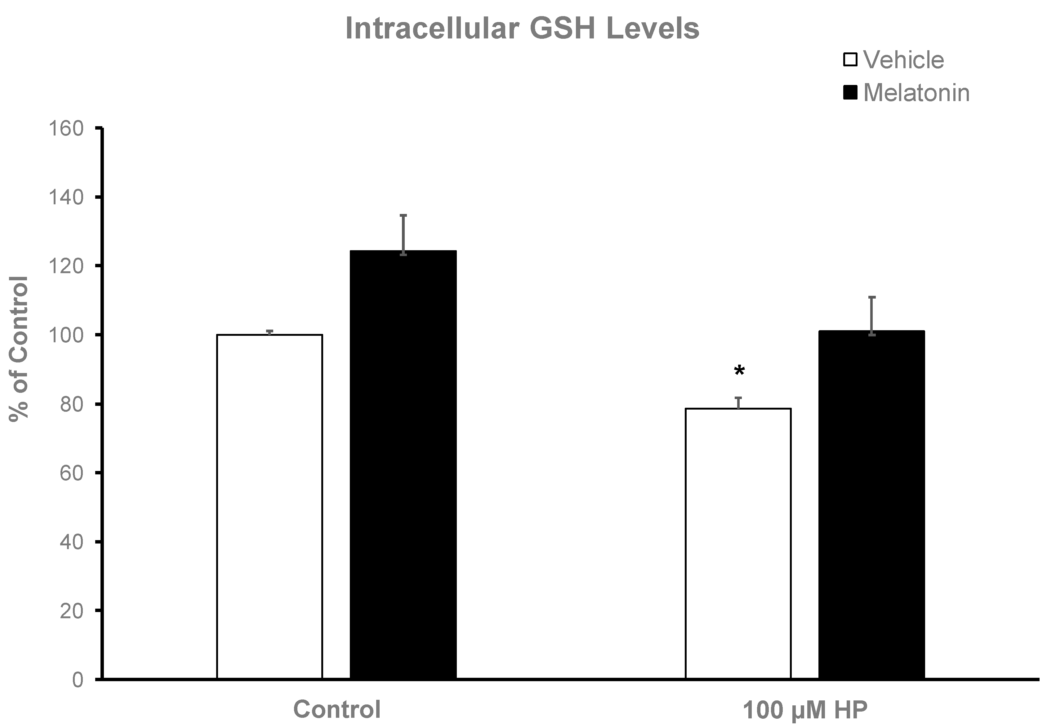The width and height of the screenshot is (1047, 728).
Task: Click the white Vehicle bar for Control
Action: (270, 506)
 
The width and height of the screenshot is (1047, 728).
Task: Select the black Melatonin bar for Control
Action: (403, 465)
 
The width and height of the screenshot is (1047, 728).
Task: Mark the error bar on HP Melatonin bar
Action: (871, 315)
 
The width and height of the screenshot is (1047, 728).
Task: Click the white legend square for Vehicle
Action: (850, 60)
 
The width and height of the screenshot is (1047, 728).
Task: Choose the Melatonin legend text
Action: (916, 93)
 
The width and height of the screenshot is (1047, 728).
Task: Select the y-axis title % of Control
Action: (19, 349)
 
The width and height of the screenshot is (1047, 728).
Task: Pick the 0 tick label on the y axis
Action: (78, 680)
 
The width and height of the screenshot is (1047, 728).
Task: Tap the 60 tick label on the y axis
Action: (72, 473)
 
